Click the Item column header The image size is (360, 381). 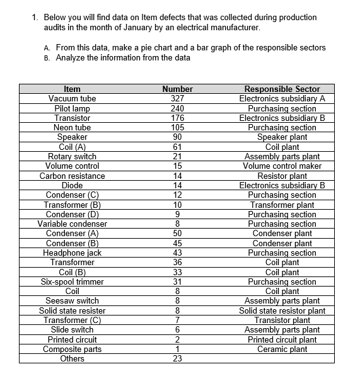(x=72, y=89)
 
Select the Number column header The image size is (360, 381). (x=177, y=89)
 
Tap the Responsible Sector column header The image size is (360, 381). (x=282, y=89)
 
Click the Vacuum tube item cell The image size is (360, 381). (x=72, y=99)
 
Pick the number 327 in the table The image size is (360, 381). (x=177, y=99)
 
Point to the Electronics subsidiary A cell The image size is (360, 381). (x=282, y=99)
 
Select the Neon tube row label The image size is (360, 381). (x=72, y=128)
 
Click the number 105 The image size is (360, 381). (x=177, y=128)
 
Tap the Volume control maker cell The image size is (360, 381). (x=282, y=166)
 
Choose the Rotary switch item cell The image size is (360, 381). (x=72, y=157)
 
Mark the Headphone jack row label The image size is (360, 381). (x=72, y=253)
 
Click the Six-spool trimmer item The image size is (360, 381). (x=72, y=281)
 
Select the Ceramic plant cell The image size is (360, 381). (x=282, y=349)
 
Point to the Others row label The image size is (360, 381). (x=72, y=358)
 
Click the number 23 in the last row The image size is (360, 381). (x=177, y=358)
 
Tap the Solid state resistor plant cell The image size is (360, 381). (x=282, y=310)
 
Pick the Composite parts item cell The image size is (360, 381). (x=72, y=349)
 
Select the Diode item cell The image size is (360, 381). (x=72, y=185)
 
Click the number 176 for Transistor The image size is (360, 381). (x=177, y=118)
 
